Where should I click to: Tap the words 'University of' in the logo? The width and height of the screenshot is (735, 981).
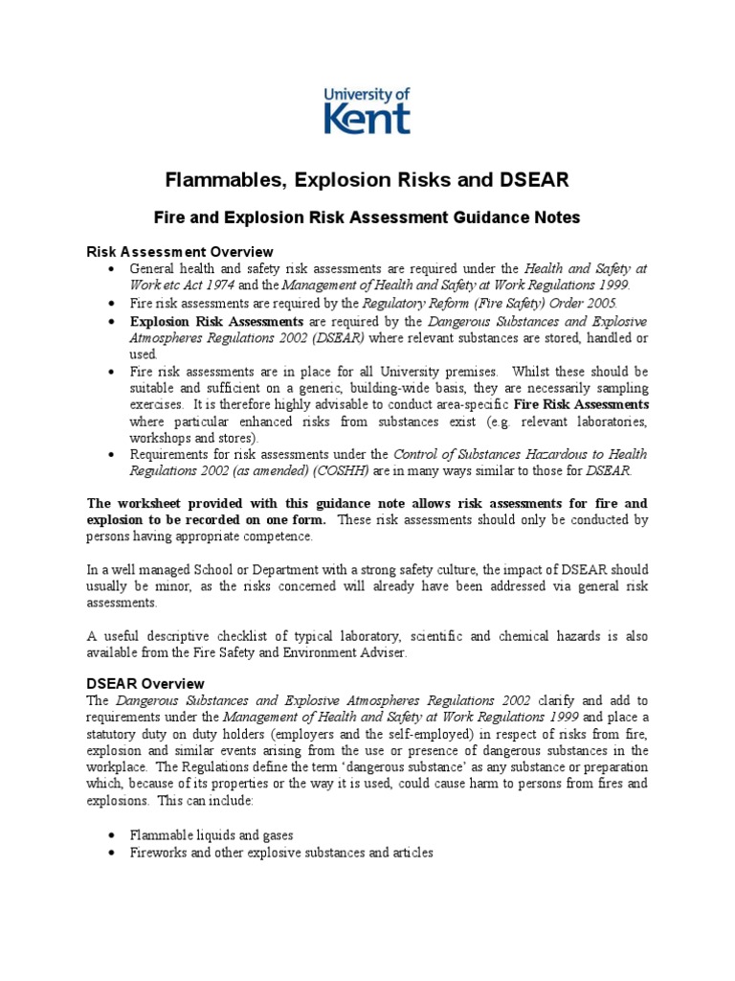pyautogui.click(x=367, y=93)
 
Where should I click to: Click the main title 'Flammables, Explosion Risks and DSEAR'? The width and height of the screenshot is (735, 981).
pyautogui.click(x=367, y=180)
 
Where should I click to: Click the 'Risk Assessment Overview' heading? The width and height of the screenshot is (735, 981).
pyautogui.click(x=179, y=252)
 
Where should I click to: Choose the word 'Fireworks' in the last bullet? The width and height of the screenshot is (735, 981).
pyautogui.click(x=159, y=852)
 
